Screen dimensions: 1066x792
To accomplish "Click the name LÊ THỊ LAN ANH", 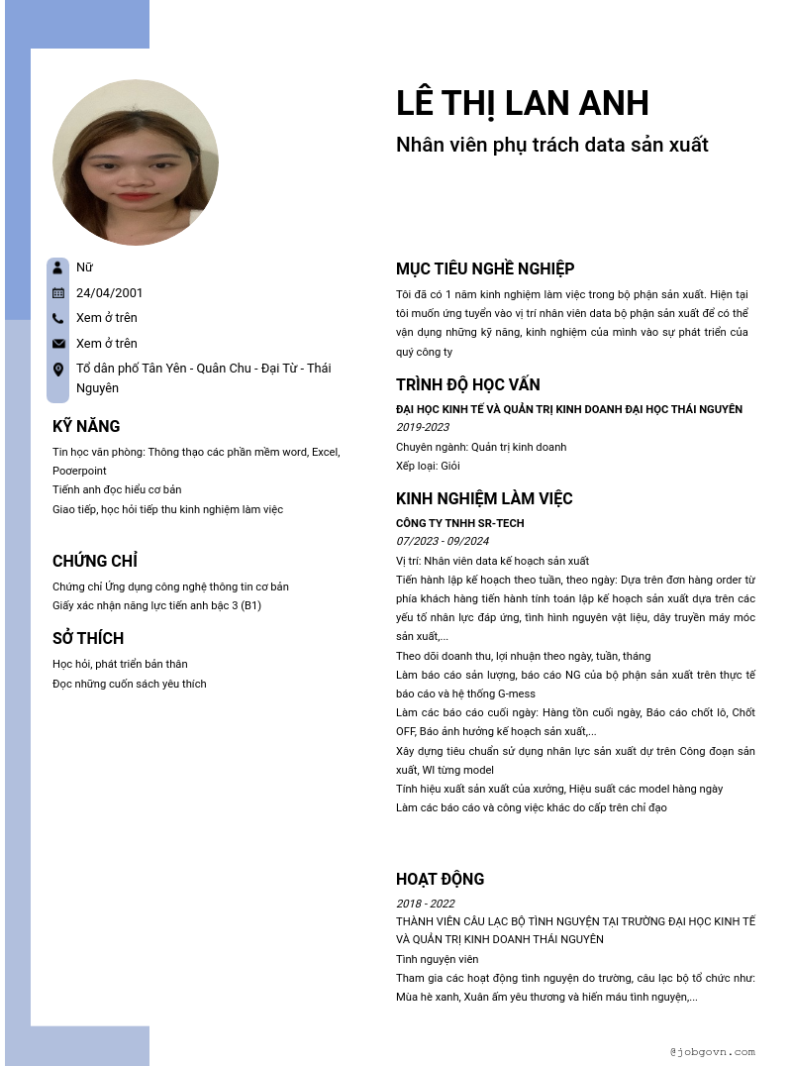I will point(522,103).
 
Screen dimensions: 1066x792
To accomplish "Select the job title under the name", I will point(551,145).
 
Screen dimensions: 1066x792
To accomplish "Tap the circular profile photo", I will point(136,162).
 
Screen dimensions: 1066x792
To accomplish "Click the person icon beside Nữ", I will point(58,267).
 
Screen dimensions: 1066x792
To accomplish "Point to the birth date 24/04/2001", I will point(109,292).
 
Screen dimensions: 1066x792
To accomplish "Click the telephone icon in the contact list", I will point(58,318).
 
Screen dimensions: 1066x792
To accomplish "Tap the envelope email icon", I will point(58,344).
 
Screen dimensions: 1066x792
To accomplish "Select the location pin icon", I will point(58,370).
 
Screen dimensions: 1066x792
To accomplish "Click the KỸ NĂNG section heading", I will point(86,426).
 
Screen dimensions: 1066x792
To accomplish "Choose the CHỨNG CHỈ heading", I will point(94,561).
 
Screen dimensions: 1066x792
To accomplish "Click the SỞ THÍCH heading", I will point(88,638).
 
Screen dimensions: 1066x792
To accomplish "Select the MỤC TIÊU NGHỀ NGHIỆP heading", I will point(485,268).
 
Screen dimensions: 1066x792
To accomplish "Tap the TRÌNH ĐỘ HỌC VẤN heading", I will point(468,384).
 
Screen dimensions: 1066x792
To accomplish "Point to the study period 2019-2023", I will point(423,427).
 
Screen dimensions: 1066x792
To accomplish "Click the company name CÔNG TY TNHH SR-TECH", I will point(460,523).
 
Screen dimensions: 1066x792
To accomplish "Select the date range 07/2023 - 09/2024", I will point(443,541).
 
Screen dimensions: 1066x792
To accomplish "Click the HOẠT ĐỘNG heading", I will point(440,879).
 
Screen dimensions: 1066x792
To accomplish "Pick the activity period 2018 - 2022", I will point(426,904).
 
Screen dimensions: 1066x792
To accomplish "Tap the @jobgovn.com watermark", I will point(712,1052).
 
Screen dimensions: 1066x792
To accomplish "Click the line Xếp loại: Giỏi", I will point(428,466).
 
